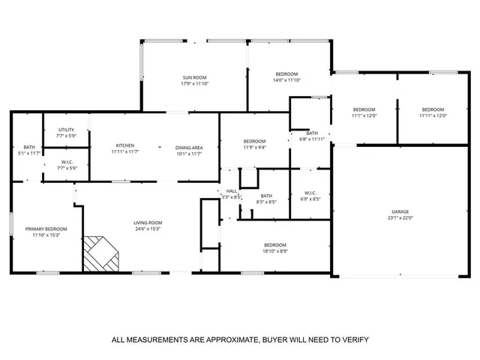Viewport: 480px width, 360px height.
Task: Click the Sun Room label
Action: point(194,77)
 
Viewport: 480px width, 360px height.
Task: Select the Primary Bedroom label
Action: point(45,229)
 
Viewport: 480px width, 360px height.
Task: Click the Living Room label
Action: point(148,223)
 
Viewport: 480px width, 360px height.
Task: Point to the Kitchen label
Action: point(124,145)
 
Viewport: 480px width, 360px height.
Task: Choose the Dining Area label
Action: point(189,145)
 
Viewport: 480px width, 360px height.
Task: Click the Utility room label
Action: point(66,130)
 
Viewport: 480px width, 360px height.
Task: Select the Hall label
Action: point(232,191)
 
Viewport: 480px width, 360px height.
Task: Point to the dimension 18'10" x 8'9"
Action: point(275,251)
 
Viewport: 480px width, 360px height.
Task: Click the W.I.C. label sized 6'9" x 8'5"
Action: point(310,193)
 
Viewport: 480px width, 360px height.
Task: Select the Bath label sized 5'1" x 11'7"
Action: point(29,147)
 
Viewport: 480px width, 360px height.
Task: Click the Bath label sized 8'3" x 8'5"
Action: point(266,196)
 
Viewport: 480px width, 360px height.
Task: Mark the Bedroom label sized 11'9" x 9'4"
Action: point(254,141)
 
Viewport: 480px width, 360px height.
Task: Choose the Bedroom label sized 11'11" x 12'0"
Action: point(432,109)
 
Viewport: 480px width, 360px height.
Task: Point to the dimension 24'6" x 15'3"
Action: point(148,229)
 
